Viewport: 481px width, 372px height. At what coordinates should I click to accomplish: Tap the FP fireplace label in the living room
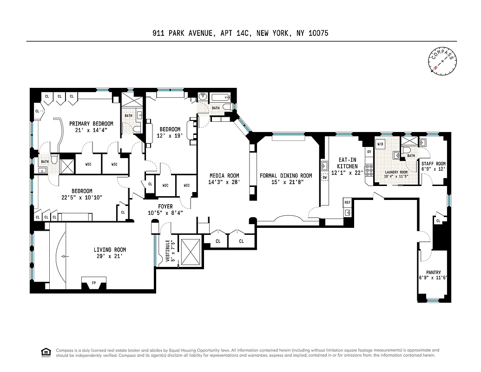pyautogui.click(x=94, y=282)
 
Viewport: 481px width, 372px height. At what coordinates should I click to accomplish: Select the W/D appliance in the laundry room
pyautogui.click(x=381, y=144)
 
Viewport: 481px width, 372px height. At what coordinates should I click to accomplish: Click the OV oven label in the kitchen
pyautogui.click(x=369, y=152)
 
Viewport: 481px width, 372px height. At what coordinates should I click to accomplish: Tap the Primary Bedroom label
pyautogui.click(x=91, y=124)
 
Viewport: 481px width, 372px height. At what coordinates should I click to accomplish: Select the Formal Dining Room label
pyautogui.click(x=286, y=176)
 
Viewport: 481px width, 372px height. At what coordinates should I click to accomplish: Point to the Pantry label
pyautogui.click(x=434, y=272)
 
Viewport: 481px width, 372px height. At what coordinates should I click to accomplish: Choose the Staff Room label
pyautogui.click(x=433, y=164)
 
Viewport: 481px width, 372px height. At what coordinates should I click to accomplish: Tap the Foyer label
pyautogui.click(x=165, y=206)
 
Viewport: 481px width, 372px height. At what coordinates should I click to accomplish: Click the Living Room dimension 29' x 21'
pyautogui.click(x=110, y=256)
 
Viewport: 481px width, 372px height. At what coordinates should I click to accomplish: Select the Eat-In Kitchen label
pyautogui.click(x=348, y=163)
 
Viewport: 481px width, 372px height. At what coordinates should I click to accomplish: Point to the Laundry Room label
pyautogui.click(x=396, y=172)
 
